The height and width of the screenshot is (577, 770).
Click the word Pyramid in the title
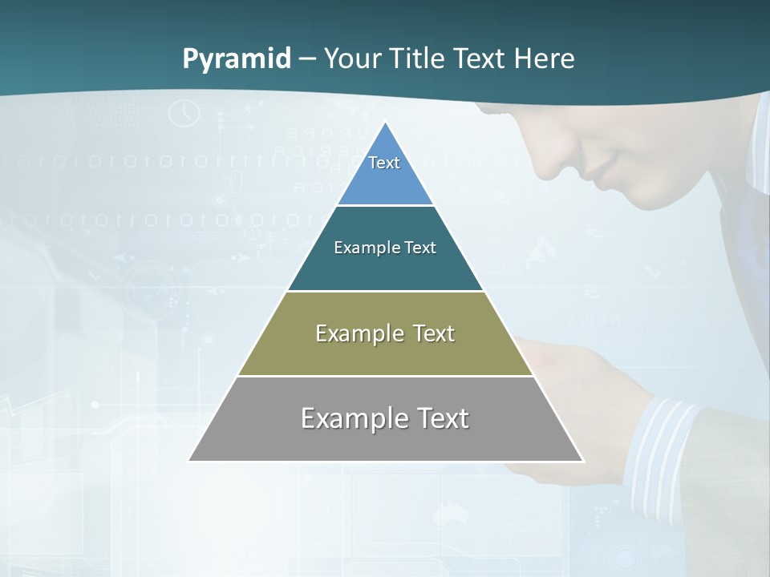(237, 59)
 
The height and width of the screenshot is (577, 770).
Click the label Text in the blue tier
(384, 163)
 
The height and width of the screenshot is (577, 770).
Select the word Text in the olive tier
(431, 333)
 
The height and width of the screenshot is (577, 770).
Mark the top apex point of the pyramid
(386, 122)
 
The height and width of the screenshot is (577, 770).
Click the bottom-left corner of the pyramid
(189, 461)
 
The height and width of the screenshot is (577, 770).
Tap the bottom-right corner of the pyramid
(583, 461)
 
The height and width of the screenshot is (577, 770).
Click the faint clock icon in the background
(184, 112)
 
